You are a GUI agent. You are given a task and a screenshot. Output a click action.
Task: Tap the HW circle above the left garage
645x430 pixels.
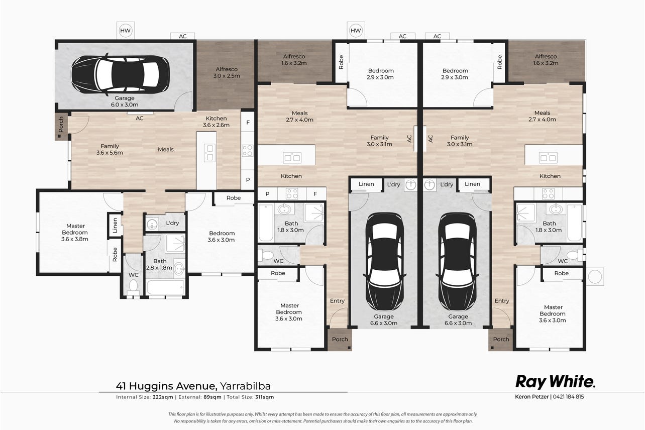[x=125, y=31]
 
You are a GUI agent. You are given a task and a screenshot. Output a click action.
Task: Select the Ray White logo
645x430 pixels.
[x=555, y=382]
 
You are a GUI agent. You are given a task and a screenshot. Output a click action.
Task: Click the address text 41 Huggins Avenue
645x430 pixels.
[x=166, y=386]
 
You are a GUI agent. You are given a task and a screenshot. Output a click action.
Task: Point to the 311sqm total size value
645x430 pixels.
[x=264, y=397]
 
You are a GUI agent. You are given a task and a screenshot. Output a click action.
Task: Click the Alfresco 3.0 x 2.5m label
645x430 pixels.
[x=227, y=72]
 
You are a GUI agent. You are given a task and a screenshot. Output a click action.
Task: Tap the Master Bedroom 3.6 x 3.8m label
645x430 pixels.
[x=75, y=233]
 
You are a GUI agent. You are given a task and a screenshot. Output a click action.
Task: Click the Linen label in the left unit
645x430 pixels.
[x=115, y=225]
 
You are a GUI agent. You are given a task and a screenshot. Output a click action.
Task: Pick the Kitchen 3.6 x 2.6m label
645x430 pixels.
[x=216, y=122]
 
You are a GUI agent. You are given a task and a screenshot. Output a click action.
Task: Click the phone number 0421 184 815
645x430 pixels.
[x=569, y=397]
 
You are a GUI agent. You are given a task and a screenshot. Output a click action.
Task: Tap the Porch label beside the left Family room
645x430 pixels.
[x=61, y=125]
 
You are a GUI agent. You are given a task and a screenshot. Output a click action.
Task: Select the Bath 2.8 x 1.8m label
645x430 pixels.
[x=159, y=264]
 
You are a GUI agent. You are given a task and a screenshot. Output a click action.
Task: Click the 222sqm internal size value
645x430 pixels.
[x=163, y=397]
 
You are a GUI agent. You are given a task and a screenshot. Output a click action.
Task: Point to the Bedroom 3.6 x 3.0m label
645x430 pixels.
[x=222, y=237]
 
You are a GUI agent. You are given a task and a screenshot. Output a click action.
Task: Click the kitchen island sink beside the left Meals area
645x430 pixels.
[x=209, y=153]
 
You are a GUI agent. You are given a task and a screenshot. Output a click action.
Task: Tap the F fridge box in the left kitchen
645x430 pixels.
[x=248, y=123]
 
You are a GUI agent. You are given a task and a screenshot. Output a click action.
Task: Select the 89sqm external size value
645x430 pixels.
[x=212, y=397]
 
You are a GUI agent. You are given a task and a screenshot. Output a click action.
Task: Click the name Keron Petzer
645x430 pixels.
[x=532, y=397]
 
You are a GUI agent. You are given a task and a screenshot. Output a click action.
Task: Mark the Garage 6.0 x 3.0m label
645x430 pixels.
[x=125, y=101]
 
